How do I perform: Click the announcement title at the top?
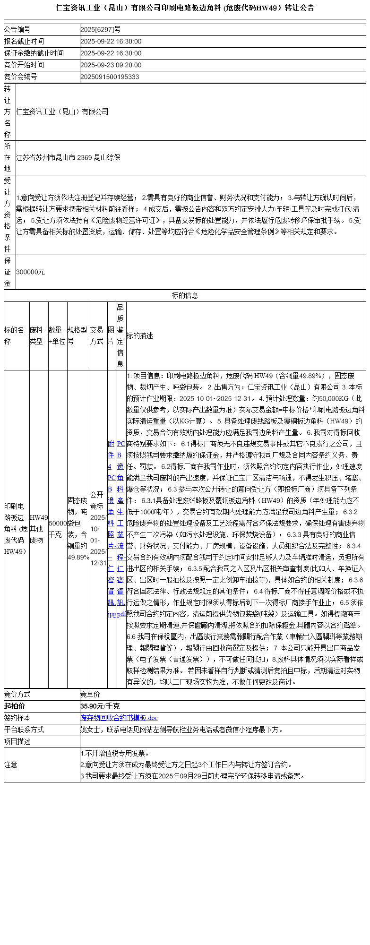(x=185, y=8)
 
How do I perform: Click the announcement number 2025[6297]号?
(x=101, y=30)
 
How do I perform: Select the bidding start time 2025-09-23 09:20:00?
(x=111, y=65)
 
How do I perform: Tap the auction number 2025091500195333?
(x=110, y=77)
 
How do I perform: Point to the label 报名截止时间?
(x=24, y=42)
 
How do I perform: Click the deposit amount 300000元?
(x=30, y=272)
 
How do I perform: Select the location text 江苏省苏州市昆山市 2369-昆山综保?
(x=68, y=158)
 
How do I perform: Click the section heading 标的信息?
(x=185, y=296)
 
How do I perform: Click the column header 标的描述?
(x=140, y=336)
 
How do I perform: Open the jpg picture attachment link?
(x=112, y=529)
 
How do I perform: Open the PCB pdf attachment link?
(x=121, y=529)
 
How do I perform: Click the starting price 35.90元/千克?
(x=100, y=706)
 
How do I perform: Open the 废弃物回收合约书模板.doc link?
(x=119, y=718)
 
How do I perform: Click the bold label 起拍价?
(x=15, y=706)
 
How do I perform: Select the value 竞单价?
(x=90, y=695)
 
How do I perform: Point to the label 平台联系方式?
(x=24, y=730)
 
